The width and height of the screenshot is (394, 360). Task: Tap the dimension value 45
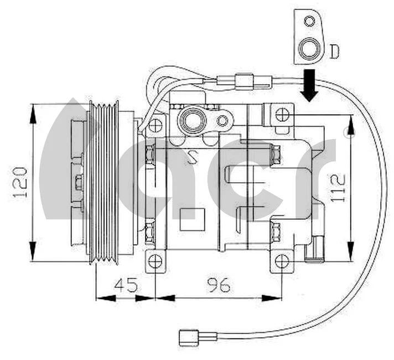tap(126, 285)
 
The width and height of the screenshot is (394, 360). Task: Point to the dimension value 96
tap(219, 285)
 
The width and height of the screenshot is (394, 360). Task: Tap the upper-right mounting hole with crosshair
tap(282, 115)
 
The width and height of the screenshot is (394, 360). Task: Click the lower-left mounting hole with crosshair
tap(157, 260)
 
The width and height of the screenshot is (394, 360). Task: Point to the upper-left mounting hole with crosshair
tap(155, 123)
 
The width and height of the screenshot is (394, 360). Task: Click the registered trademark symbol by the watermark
tap(347, 132)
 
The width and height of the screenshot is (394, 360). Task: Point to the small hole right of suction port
tap(222, 120)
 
